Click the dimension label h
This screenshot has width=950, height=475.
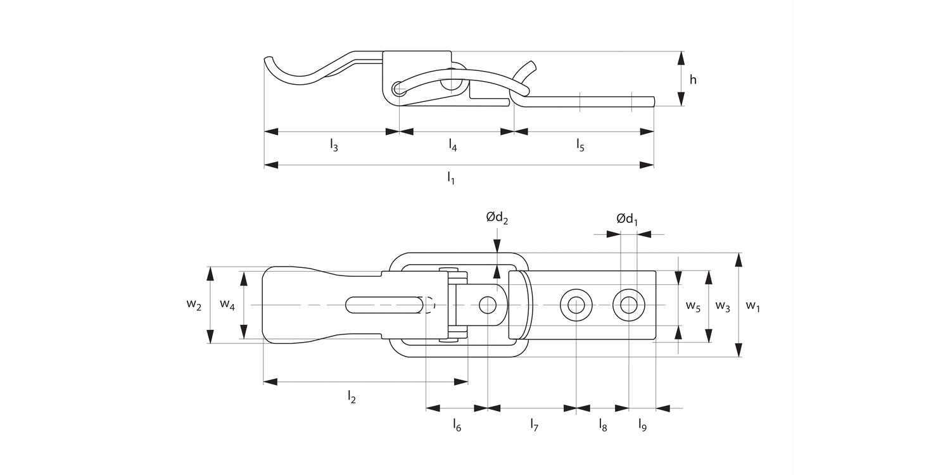point(693,80)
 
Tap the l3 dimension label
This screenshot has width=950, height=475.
point(334,146)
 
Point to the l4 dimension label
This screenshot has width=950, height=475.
point(453,146)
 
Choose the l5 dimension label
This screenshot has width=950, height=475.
point(580,146)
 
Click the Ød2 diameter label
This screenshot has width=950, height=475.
point(497,218)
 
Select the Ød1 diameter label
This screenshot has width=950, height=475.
point(627,219)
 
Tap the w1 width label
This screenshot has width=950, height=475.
point(752,306)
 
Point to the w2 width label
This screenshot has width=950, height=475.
point(194,305)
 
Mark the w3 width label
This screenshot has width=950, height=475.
point(723,306)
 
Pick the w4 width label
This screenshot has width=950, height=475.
point(227,305)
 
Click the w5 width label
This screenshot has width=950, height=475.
point(693,306)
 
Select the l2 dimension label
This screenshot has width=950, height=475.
point(351,397)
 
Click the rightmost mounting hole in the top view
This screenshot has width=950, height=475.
point(628,305)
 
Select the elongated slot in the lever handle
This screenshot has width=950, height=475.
point(384,305)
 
